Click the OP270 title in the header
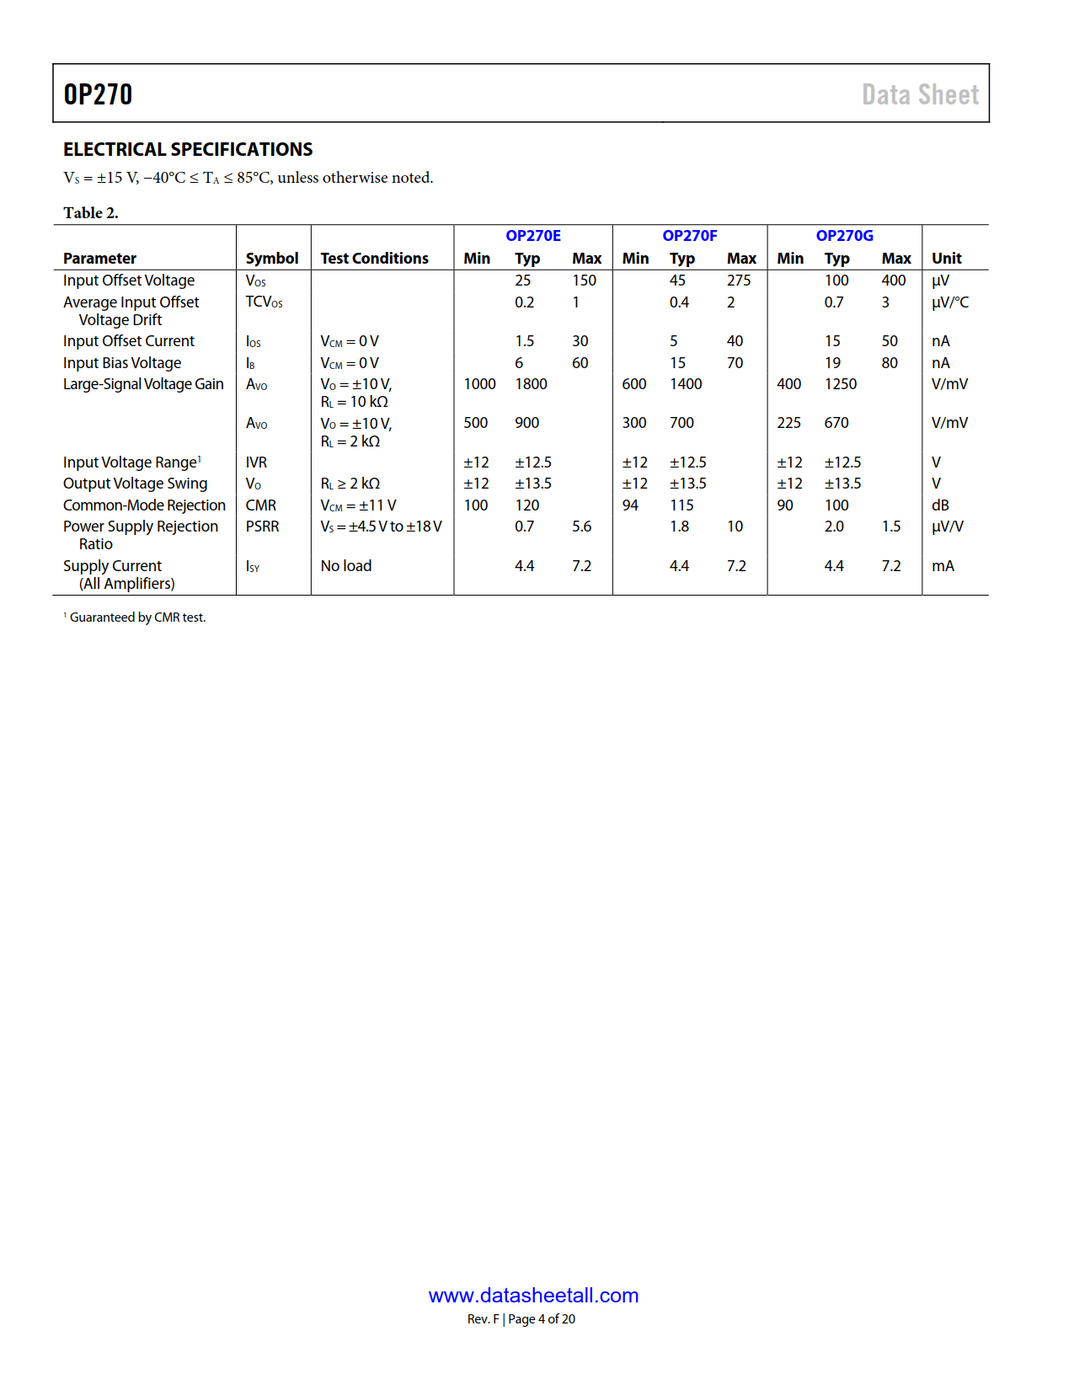[x=98, y=94]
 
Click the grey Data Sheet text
[x=920, y=94]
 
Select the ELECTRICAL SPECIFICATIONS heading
[x=188, y=149]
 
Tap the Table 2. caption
[x=91, y=212]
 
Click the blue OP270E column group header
[x=533, y=236]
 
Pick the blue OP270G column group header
[x=844, y=236]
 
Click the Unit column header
[x=946, y=259]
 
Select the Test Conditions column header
[x=374, y=259]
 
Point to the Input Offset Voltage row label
[x=129, y=281]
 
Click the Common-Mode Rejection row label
[x=144, y=505]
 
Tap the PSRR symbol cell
[x=262, y=527]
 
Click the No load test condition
[x=345, y=566]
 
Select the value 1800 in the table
[x=531, y=384]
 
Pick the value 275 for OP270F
[x=739, y=281]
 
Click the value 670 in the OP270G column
[x=836, y=423]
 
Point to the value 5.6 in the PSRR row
[x=581, y=527]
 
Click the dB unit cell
[x=940, y=505]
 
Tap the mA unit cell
[x=943, y=566]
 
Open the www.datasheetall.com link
[x=533, y=1296]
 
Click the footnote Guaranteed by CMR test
[x=137, y=617]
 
